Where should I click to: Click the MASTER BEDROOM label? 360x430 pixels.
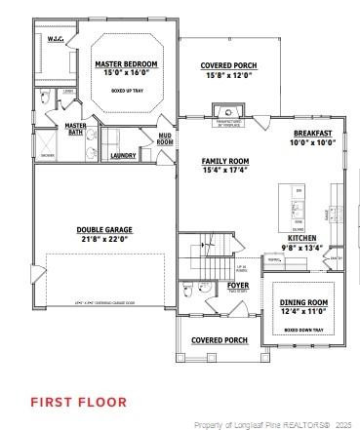126,64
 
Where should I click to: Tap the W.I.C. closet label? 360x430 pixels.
56,40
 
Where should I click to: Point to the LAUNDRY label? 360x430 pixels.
123,155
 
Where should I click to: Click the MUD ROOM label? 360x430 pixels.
165,139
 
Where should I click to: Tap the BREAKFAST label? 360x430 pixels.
312,133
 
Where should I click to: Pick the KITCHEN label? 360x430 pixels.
301,238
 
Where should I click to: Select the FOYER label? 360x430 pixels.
238,285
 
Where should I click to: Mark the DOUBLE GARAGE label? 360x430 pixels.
104,230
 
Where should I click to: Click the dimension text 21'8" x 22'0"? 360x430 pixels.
104,239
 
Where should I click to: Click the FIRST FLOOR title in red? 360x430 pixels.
78,401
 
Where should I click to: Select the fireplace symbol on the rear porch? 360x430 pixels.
228,109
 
